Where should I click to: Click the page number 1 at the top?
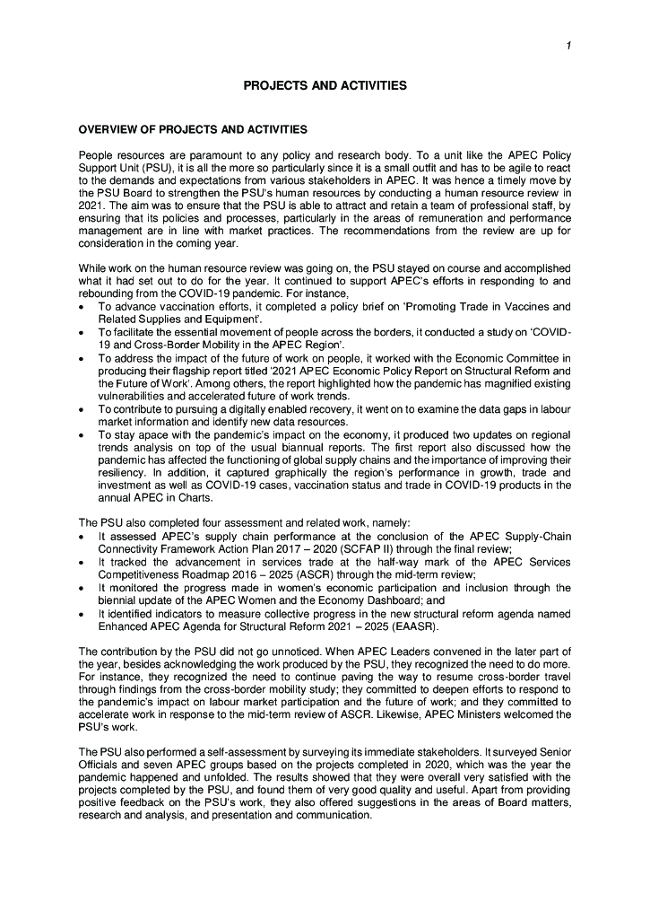(x=568, y=45)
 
